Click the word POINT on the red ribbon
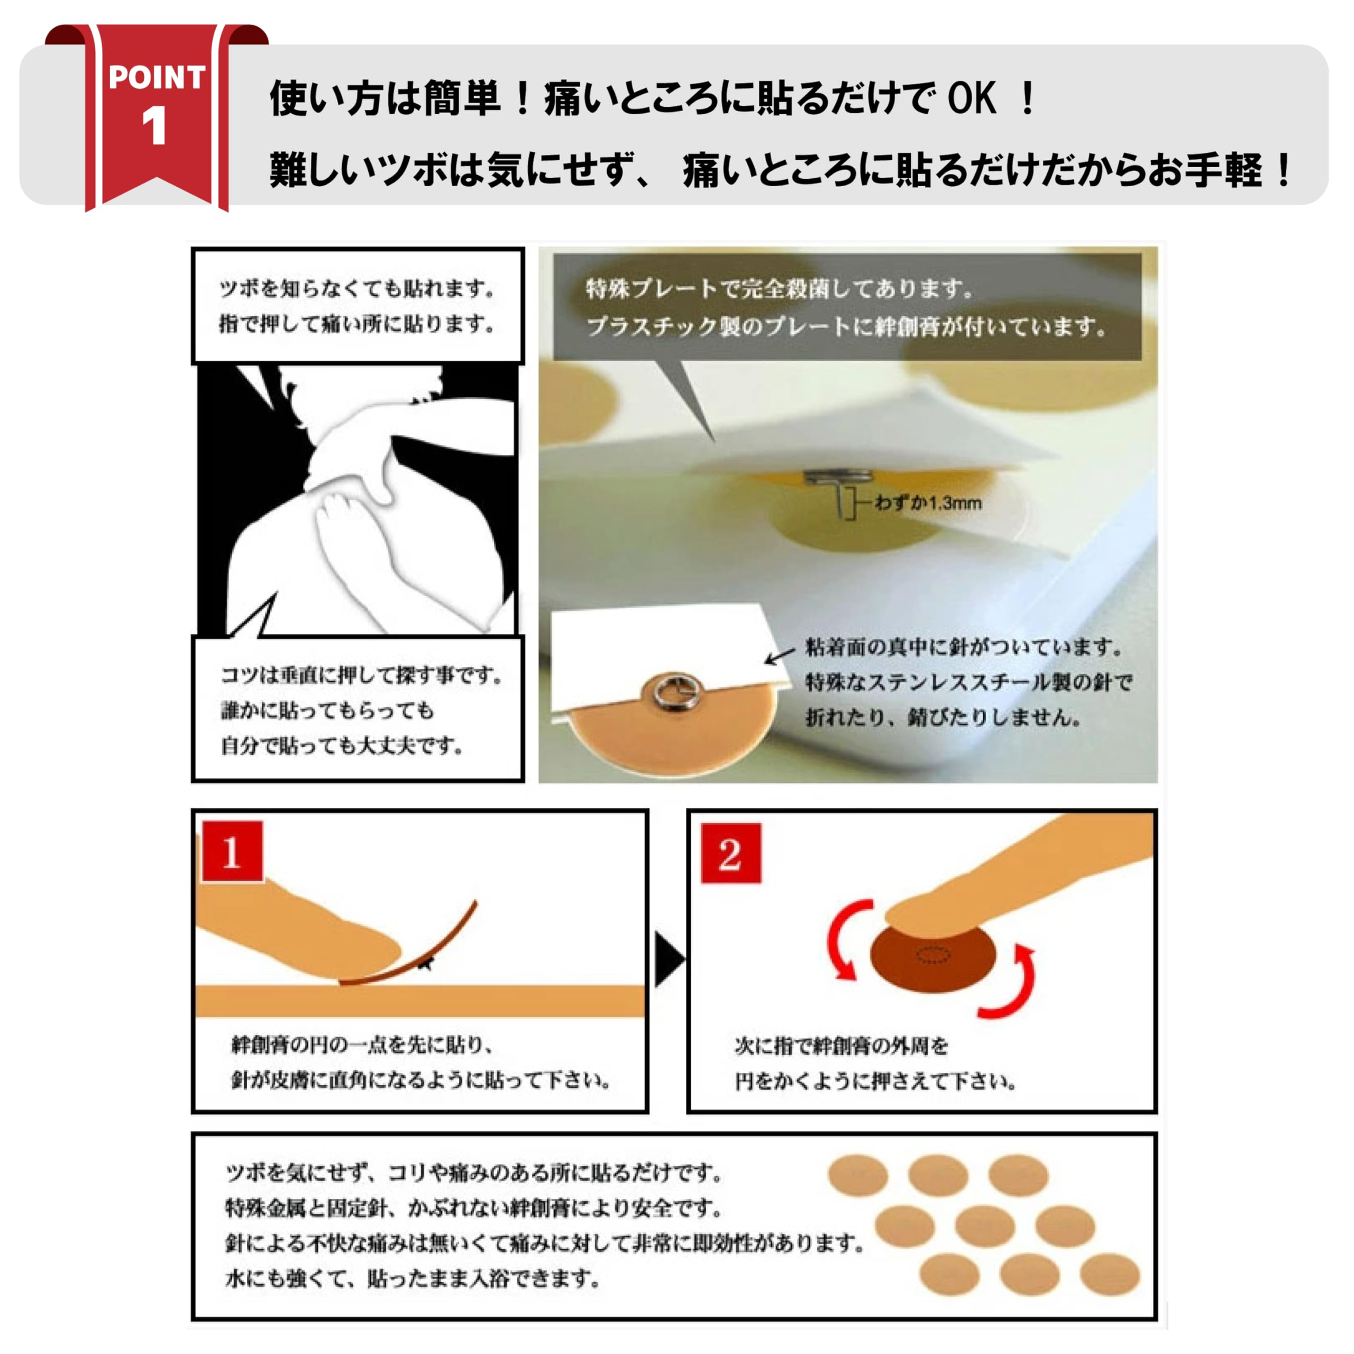pyautogui.click(x=157, y=77)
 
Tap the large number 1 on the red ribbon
pyautogui.click(x=154, y=127)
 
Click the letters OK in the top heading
pyautogui.click(x=972, y=98)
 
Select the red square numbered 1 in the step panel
pyautogui.click(x=232, y=852)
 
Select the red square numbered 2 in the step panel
pyautogui.click(x=730, y=853)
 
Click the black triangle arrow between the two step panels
pyautogui.click(x=668, y=959)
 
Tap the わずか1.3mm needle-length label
pyautogui.click(x=927, y=502)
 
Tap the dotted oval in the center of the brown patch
pyautogui.click(x=934, y=955)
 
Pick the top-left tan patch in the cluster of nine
pyautogui.click(x=858, y=1176)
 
